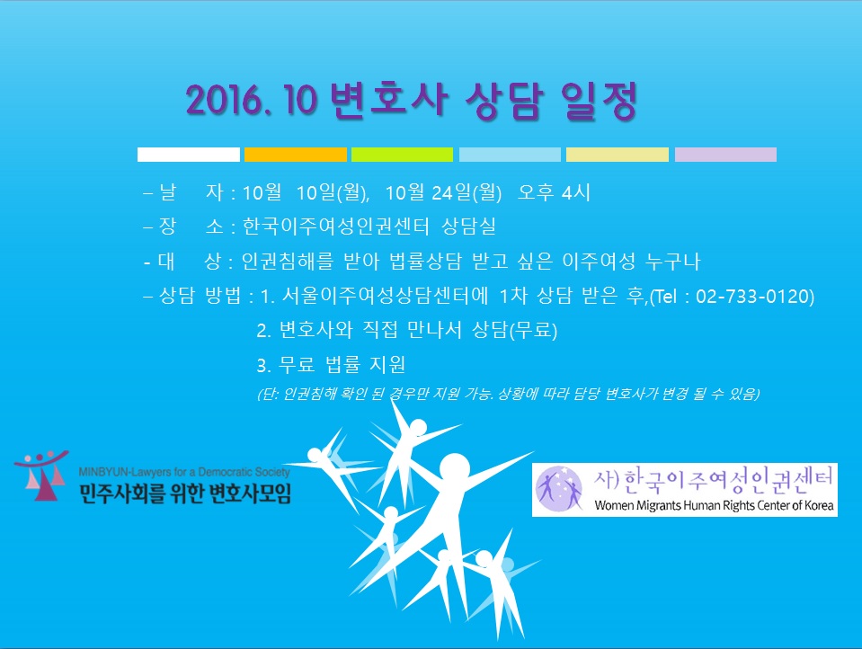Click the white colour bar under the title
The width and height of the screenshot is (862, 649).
click(x=189, y=155)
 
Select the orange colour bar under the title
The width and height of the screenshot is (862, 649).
click(x=295, y=155)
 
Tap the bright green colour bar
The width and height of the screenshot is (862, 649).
click(x=402, y=155)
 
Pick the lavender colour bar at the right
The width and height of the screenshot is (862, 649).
click(x=725, y=155)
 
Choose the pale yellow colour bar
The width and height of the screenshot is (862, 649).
click(x=618, y=155)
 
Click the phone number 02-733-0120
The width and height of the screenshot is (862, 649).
click(x=755, y=297)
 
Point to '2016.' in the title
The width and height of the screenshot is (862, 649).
click(x=230, y=101)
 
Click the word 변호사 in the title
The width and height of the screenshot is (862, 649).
click(x=388, y=100)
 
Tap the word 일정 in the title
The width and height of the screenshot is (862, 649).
click(x=600, y=100)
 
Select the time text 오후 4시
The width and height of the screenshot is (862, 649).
click(x=554, y=192)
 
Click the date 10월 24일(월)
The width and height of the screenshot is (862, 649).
click(x=443, y=192)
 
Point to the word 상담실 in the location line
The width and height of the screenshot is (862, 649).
click(x=469, y=226)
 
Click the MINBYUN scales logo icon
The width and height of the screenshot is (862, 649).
click(x=41, y=475)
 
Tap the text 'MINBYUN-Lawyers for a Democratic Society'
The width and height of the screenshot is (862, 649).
click(x=184, y=472)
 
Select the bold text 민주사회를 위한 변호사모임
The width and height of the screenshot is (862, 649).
click(x=185, y=493)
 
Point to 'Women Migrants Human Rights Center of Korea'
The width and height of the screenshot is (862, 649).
click(x=714, y=505)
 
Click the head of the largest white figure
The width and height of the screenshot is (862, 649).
click(x=454, y=469)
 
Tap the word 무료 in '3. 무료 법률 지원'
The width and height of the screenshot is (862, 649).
click(x=297, y=364)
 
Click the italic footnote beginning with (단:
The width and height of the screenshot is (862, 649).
click(x=509, y=394)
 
